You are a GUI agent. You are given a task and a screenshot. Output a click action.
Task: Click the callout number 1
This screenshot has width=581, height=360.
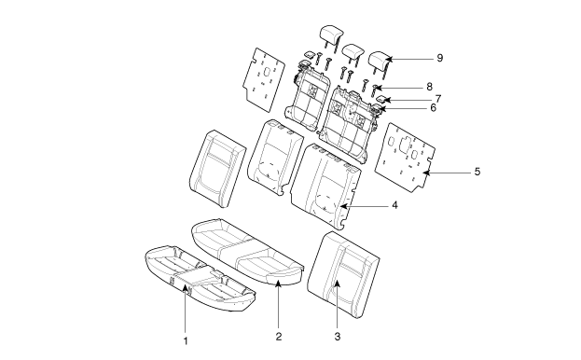pyautogui.click(x=186, y=340)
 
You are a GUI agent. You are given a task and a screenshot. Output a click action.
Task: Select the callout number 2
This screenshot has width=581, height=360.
pyautogui.click(x=279, y=337)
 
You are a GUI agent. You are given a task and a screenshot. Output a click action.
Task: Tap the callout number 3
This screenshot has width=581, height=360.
pyautogui.click(x=338, y=337)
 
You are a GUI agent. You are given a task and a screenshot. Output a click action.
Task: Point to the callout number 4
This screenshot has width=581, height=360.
pyautogui.click(x=394, y=205)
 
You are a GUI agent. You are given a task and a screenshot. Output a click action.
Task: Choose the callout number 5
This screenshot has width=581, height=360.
pyautogui.click(x=477, y=172)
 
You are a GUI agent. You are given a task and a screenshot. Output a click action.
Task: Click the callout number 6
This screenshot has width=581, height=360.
pyautogui.click(x=433, y=108)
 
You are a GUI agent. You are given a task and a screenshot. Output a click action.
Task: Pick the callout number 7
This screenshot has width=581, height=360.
pyautogui.click(x=438, y=99)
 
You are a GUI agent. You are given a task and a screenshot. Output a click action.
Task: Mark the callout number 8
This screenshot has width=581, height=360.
pyautogui.click(x=429, y=87)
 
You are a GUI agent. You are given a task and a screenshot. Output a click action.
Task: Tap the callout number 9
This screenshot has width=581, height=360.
pyautogui.click(x=440, y=58)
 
